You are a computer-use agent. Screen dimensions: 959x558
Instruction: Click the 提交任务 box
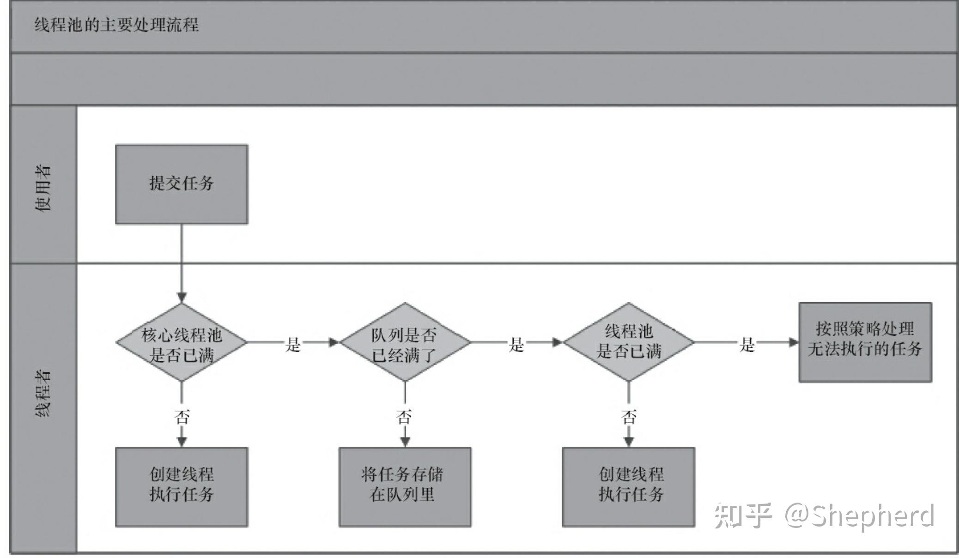[x=182, y=184]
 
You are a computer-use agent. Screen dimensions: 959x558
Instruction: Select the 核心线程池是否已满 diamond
[x=182, y=342]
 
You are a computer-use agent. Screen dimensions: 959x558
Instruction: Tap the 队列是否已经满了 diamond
[x=405, y=342]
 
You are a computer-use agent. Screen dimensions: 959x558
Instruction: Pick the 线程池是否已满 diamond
[x=629, y=342]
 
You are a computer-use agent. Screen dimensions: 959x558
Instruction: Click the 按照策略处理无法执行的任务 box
[x=865, y=342]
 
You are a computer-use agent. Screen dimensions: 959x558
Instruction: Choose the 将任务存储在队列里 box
[x=405, y=487]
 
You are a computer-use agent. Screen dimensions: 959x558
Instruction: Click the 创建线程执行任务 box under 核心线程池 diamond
[x=182, y=487]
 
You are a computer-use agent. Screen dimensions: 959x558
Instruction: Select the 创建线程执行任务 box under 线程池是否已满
[x=629, y=487]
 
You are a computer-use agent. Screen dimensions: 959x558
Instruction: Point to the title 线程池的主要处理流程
[x=116, y=24]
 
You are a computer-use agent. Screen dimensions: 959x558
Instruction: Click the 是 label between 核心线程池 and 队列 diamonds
[x=293, y=344]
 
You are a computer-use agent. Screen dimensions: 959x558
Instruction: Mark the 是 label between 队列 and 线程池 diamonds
[x=516, y=344]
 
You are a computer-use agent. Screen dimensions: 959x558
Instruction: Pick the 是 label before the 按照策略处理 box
[x=747, y=344]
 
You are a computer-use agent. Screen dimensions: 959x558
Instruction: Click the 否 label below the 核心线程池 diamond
[x=182, y=417]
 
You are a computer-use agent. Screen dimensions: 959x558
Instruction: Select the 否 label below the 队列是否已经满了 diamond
[x=404, y=417]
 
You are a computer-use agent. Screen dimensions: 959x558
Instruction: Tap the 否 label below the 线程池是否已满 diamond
[x=629, y=417]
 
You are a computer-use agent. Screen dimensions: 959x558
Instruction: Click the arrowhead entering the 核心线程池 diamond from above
[x=182, y=297]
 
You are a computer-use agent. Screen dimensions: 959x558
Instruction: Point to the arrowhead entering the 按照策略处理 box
[x=794, y=342]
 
